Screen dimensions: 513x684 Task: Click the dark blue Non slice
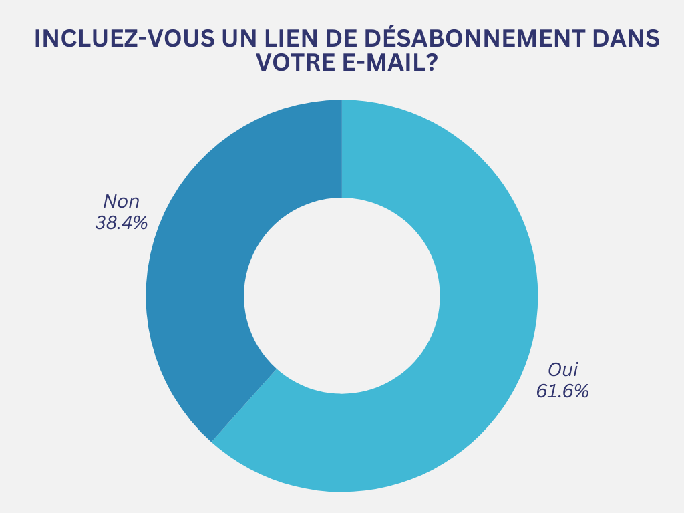point(200,267)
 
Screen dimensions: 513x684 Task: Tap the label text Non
point(121,202)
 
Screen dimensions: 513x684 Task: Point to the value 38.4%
point(121,223)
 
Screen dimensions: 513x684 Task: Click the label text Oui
point(562,369)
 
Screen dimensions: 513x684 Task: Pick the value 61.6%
point(562,391)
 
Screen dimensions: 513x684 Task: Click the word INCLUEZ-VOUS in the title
point(124,39)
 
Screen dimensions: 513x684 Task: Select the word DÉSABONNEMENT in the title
point(488,39)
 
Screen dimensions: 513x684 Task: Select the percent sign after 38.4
point(140,223)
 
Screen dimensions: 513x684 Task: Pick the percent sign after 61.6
point(581,391)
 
